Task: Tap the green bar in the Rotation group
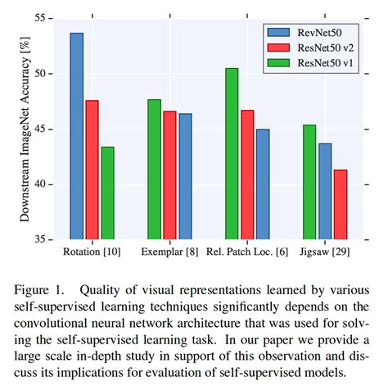[107, 193]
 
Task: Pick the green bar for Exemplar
[154, 169]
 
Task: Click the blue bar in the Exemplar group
[185, 176]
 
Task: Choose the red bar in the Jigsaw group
[340, 204]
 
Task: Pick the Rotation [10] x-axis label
[92, 251]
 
